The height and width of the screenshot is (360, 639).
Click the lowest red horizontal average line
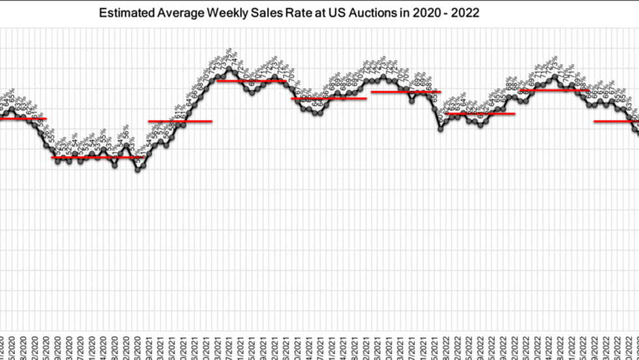click(96, 157)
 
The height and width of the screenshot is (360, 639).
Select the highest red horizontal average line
click(251, 81)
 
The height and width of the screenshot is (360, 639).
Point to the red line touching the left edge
click(20, 119)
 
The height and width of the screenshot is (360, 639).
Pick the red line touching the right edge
click(616, 121)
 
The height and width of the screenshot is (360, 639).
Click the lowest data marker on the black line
click(138, 170)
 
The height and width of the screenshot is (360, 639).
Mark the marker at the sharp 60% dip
click(441, 130)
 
